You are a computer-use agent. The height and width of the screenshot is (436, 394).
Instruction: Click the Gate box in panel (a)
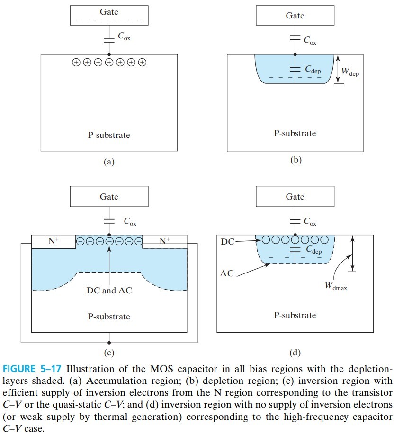(x=109, y=15)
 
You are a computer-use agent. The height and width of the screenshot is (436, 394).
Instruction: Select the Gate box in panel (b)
(x=295, y=16)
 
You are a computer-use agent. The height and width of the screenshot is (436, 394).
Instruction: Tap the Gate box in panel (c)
(x=109, y=197)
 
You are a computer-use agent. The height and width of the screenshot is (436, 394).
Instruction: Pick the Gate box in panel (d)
(x=295, y=197)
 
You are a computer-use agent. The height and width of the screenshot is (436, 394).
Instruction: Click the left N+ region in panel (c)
(x=53, y=241)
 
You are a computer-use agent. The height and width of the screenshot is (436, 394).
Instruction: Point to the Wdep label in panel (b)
(x=350, y=73)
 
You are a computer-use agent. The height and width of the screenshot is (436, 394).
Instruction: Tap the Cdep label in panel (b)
(x=313, y=70)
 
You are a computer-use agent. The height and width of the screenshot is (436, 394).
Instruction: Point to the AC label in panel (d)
(x=227, y=273)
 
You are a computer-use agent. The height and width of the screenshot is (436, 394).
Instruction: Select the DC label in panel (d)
(x=227, y=242)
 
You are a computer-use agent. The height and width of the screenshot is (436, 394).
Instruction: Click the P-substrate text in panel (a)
(x=109, y=135)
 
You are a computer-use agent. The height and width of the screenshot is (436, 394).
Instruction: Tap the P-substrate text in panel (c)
(x=109, y=316)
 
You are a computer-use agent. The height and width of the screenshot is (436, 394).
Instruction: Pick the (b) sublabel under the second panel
(x=295, y=160)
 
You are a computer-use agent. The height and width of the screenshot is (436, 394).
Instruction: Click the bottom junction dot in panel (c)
(x=109, y=342)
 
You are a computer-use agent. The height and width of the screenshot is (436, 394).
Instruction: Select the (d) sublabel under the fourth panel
(x=295, y=352)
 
